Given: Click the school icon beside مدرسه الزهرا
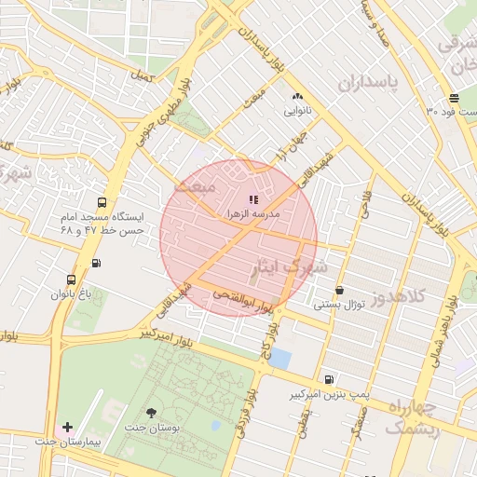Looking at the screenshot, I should click(253, 198).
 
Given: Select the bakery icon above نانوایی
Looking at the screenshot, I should click(297, 96).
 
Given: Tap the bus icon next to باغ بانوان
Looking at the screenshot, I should click(72, 279).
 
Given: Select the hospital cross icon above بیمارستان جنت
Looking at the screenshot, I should click(66, 427).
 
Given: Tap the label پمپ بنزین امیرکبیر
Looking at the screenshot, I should click(329, 395).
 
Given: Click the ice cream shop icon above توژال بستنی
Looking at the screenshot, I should click(339, 291).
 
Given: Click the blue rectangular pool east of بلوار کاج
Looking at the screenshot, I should click(279, 358).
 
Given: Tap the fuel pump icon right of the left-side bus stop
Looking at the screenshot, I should click(97, 262).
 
